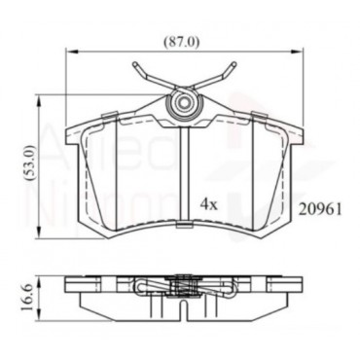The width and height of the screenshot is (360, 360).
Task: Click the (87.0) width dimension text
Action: point(182,42)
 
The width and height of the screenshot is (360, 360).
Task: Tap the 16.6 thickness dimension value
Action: point(28,293)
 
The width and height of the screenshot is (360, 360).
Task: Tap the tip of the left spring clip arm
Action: point(129,65)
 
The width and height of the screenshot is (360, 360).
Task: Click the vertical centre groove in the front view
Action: point(183,175)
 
